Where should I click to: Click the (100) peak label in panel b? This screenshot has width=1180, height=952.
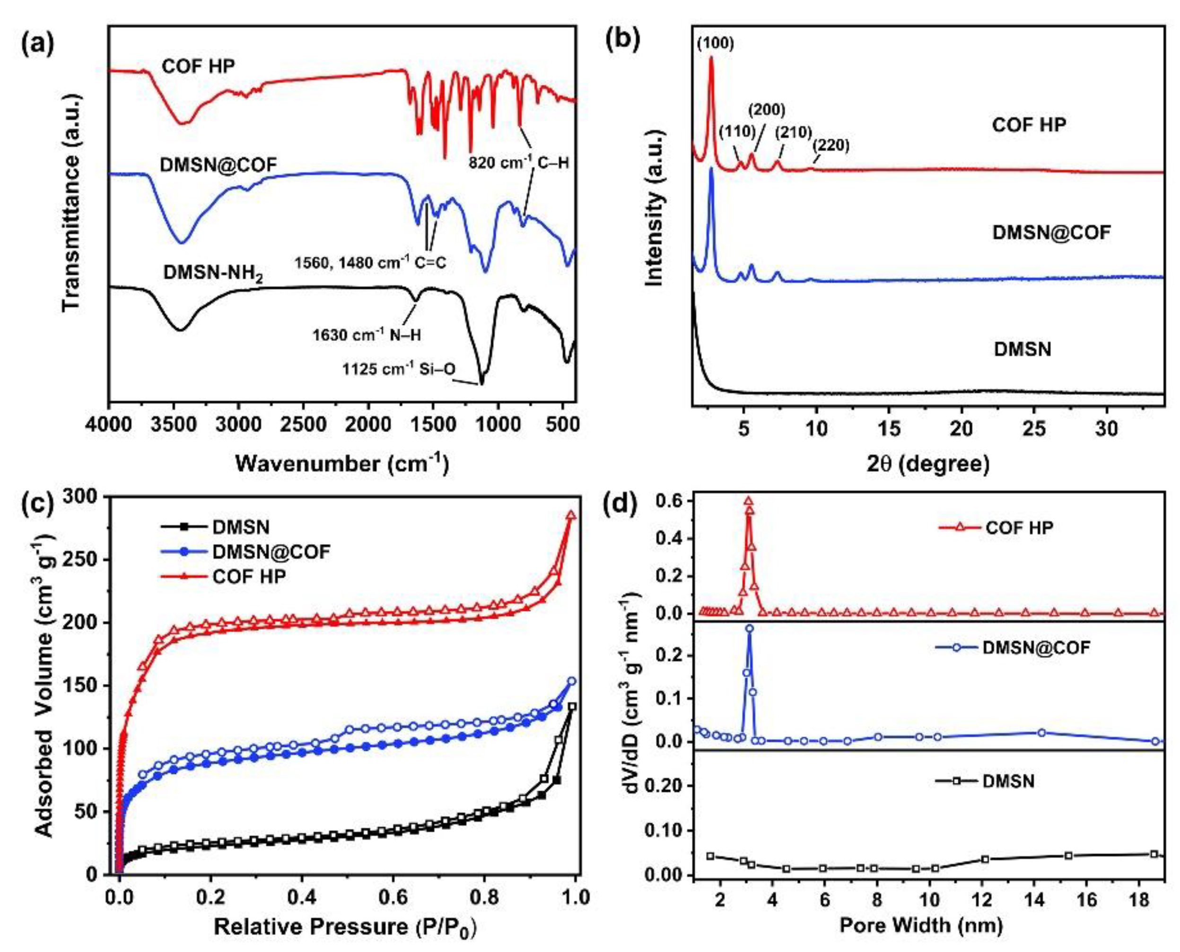pos(715,43)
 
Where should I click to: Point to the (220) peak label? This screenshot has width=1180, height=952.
pos(831,145)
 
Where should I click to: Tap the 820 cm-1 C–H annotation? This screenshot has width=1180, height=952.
pos(517,162)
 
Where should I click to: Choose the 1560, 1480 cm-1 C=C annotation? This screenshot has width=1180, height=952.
pos(370,263)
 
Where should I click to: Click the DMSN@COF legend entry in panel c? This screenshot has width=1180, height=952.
pos(271,552)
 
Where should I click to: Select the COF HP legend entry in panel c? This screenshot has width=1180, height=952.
pos(250,576)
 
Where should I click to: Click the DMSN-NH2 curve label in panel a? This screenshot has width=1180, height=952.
pos(213,273)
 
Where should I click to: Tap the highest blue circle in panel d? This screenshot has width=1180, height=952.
pos(749,629)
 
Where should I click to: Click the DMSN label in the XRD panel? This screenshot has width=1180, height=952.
pos(1023,349)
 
